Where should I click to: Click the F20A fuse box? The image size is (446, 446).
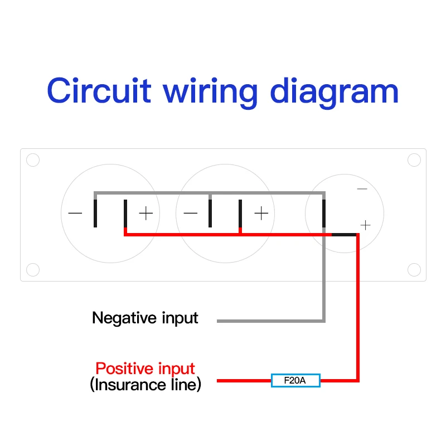pyautogui.click(x=295, y=381)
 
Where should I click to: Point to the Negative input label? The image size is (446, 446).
pyautogui.click(x=145, y=318)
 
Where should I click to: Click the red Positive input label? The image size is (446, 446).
pyautogui.click(x=145, y=369)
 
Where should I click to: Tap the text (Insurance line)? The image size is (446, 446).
pyautogui.click(x=145, y=385)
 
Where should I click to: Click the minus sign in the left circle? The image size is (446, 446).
pyautogui.click(x=75, y=214)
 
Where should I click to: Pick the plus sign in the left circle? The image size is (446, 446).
pyautogui.click(x=146, y=214)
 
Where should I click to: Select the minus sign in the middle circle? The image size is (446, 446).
pyautogui.click(x=191, y=214)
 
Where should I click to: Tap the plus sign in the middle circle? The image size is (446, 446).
pyautogui.click(x=261, y=214)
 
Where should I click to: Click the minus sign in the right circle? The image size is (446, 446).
pyautogui.click(x=362, y=189)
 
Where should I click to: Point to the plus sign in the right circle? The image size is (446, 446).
pyautogui.click(x=365, y=225)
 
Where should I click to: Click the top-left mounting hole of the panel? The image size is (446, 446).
pyautogui.click(x=33, y=160)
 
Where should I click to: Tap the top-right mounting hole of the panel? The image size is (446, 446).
pyautogui.click(x=414, y=160)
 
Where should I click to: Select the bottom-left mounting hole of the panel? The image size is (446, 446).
pyautogui.click(x=33, y=270)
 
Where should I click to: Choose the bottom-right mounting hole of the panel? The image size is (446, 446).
pyautogui.click(x=414, y=270)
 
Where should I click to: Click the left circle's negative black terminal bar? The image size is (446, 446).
pyautogui.click(x=96, y=213)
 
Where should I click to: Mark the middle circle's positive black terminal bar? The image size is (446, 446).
pyautogui.click(x=240, y=214)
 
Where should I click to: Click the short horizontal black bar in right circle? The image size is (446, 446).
pyautogui.click(x=344, y=235)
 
